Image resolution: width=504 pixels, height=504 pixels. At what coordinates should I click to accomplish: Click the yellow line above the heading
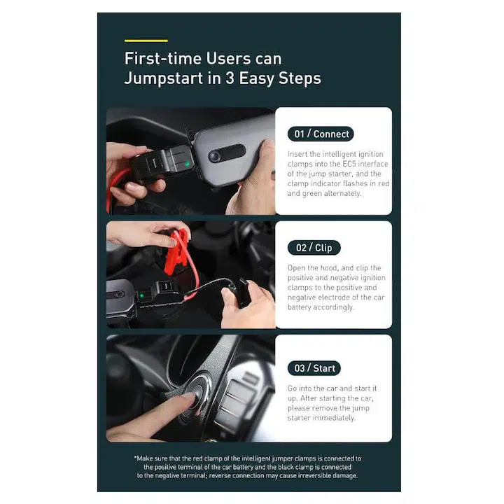click(146, 41)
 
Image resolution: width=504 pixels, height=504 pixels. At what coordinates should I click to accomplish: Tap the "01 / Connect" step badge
click(321, 134)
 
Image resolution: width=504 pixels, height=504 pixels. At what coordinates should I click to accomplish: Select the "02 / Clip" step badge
click(314, 248)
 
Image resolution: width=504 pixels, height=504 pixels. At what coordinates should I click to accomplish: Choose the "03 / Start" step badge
click(314, 368)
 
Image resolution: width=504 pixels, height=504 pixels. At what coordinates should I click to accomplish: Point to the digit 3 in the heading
click(230, 78)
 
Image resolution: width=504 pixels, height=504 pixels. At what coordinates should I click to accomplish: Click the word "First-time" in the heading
click(162, 59)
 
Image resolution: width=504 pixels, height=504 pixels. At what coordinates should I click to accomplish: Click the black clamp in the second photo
click(243, 292)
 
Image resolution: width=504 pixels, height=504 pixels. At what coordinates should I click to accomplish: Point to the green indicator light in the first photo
click(187, 164)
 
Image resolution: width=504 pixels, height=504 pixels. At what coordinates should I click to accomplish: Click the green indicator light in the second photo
click(141, 295)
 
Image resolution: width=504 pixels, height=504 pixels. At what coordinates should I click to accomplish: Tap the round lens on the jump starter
click(214, 156)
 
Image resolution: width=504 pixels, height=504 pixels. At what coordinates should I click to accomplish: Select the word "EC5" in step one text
click(349, 164)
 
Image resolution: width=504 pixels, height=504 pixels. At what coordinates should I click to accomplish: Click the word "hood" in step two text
click(328, 268)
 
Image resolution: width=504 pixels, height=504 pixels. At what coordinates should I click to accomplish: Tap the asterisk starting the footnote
click(135, 456)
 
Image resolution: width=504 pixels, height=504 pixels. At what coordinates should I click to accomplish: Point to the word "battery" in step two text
click(300, 307)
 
